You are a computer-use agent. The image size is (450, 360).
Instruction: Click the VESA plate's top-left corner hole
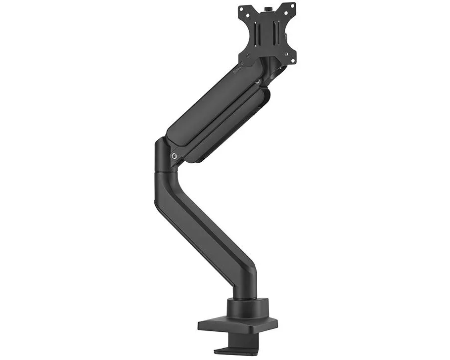[x=242, y=8]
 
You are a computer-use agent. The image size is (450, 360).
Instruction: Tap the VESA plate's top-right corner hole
[x=293, y=6]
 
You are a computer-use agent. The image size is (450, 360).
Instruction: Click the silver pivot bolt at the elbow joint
[x=174, y=156]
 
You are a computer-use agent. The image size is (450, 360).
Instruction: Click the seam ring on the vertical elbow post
[x=166, y=172]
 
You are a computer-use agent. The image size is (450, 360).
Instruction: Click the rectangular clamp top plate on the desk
[x=237, y=324]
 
